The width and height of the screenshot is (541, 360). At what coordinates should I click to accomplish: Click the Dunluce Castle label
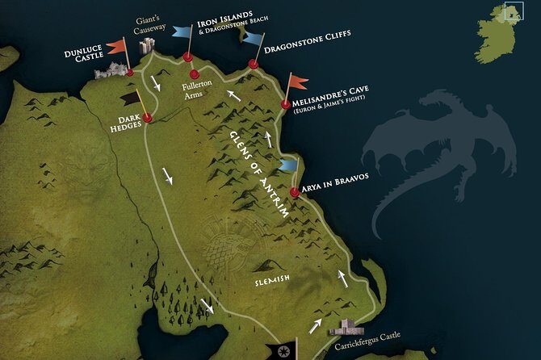point(84,56)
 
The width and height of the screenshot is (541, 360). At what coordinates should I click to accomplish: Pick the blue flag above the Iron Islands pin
point(182,31)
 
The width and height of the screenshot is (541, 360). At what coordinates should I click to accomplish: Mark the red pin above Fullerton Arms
point(195,74)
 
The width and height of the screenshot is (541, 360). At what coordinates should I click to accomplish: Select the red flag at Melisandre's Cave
point(299,82)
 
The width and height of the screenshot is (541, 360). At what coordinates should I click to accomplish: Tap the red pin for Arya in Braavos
point(295,193)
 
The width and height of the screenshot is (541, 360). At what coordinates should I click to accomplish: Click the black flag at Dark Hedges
point(130,98)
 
